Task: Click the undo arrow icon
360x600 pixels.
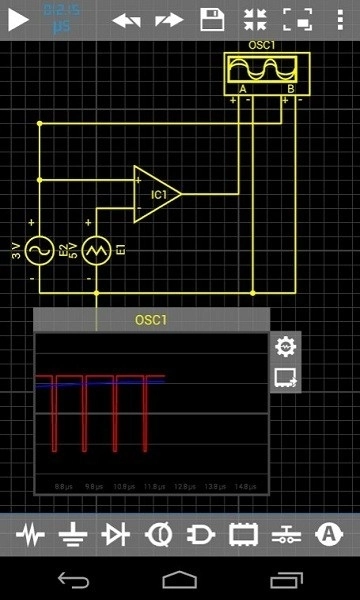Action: (125, 19)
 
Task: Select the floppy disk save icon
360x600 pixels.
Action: (212, 19)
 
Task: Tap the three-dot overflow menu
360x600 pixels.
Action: (340, 19)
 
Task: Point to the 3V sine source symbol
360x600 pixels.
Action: (39, 248)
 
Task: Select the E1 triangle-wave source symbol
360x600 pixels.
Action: (96, 248)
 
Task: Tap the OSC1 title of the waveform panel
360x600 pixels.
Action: (151, 320)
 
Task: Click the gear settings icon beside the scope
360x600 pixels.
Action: (286, 346)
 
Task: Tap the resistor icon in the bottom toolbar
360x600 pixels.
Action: (31, 536)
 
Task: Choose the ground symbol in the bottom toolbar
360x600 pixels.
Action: (72, 536)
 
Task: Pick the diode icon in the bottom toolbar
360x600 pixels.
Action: (116, 536)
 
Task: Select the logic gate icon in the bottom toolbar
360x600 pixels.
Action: (201, 536)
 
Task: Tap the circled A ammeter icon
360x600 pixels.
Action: (328, 535)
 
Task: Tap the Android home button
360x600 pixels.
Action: (180, 579)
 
